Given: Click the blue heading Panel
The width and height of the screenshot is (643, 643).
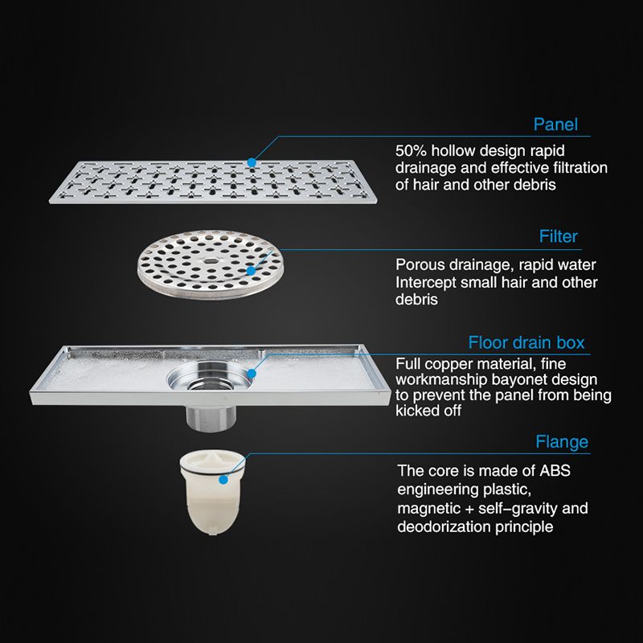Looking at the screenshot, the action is coord(555,125).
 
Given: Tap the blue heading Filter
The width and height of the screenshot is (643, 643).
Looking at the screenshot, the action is coord(558,236).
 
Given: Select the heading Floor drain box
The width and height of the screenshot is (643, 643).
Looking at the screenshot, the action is coord(526,342).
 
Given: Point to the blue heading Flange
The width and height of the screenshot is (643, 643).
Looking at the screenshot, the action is coord(562,441).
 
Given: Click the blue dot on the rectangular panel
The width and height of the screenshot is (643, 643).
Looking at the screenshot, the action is coord(252,163).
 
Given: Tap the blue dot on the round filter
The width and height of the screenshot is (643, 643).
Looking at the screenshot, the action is coord(250,271).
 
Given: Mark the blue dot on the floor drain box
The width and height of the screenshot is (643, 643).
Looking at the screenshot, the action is coord(252,374).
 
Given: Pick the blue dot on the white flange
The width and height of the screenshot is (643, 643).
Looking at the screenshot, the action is coord(223,479).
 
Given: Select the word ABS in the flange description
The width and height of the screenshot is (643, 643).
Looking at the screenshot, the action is coord(555,471).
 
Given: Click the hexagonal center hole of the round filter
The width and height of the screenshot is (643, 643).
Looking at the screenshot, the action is coord(211,260).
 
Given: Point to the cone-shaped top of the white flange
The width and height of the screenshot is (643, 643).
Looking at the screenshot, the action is coord(213,458).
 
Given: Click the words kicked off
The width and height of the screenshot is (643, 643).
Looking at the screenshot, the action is coord(428,411).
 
